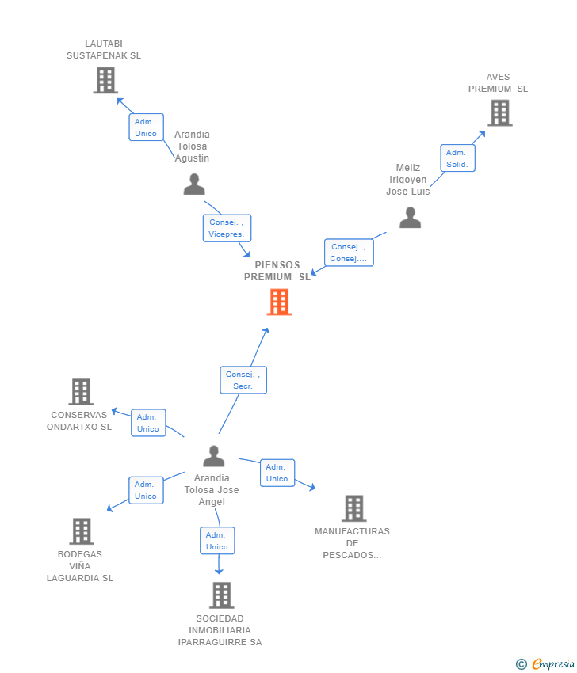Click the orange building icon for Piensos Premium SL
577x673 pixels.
[x=279, y=302]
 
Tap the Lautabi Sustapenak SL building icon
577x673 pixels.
[x=105, y=80]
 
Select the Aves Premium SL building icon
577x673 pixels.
[x=500, y=113]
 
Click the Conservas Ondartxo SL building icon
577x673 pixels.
[x=81, y=392]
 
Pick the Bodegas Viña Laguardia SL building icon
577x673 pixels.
[x=82, y=531]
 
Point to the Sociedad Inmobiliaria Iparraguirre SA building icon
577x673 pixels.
[x=222, y=595]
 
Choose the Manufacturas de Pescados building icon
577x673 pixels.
[x=354, y=508]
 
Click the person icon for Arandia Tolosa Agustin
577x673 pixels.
[x=194, y=184]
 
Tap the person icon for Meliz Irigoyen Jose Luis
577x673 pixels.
[x=411, y=217]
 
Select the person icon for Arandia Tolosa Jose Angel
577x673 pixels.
[x=214, y=456]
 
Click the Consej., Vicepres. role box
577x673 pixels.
[x=227, y=228]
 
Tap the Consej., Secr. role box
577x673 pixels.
[x=243, y=380]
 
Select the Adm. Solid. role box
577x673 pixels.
[x=457, y=158]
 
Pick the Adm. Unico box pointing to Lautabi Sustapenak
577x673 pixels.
[x=146, y=127]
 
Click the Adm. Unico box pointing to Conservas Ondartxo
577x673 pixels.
[x=148, y=423]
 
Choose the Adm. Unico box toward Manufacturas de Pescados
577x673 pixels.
[x=277, y=473]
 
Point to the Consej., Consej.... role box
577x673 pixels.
[x=349, y=253]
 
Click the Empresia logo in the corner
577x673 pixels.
[x=545, y=664]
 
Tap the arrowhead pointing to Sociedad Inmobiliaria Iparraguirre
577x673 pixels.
[x=219, y=571]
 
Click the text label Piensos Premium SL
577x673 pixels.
[x=277, y=271]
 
